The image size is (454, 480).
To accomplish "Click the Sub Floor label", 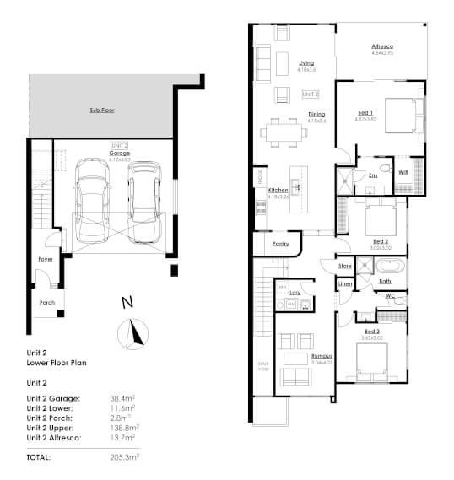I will click(101, 111).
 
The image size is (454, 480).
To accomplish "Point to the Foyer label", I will click(46, 259).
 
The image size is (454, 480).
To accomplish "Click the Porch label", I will click(47, 301).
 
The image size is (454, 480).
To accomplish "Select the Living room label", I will click(306, 62).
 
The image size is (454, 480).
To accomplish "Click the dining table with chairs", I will click(285, 131).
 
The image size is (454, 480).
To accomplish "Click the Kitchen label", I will click(278, 191).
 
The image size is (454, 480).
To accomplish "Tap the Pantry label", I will click(281, 244).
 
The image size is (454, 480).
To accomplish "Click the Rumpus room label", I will click(321, 356).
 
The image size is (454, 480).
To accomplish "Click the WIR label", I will click(403, 172).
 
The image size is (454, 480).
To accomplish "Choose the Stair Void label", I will click(262, 368).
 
